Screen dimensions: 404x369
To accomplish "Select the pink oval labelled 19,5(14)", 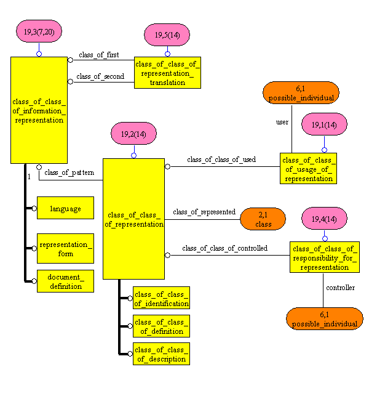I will click(167, 34).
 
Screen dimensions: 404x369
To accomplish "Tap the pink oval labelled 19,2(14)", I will click(133, 134).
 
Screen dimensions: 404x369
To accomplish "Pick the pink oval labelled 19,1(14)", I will click(324, 124).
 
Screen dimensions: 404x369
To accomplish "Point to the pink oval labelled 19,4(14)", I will click(325, 219).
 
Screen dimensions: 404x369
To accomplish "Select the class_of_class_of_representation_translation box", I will click(167, 72).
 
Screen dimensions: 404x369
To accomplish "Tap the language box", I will click(65, 208).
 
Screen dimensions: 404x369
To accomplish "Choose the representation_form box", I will click(65, 248).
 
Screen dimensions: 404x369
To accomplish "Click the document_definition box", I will click(65, 281).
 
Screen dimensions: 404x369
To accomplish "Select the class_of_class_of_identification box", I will click(161, 297).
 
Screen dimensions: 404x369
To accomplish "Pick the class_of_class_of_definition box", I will click(161, 326).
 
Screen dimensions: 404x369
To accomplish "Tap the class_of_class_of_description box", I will click(161, 354).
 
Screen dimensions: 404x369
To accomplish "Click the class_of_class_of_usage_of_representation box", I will click(308, 168).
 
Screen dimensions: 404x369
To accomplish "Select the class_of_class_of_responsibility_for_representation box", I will click(324, 257).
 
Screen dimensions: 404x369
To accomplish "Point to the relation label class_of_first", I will click(99, 55).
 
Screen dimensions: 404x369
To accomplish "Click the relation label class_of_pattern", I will click(69, 172).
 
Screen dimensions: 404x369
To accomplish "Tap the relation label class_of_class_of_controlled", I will click(224, 248).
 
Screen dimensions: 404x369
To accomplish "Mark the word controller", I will click(340, 288).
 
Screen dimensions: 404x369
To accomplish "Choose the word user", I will click(282, 122).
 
